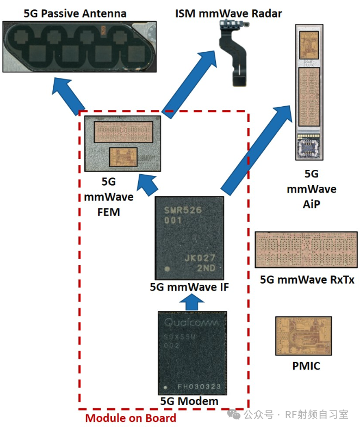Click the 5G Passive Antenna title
point(76,13)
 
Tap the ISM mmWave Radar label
point(228,13)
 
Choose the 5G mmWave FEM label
point(102,196)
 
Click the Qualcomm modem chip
point(190,353)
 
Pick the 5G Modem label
point(189,401)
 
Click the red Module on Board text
point(131,418)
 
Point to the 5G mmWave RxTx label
point(307,280)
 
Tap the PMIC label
point(306,366)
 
